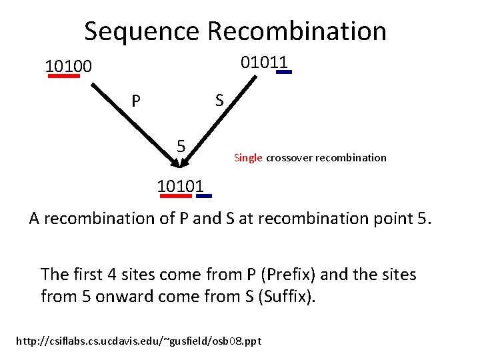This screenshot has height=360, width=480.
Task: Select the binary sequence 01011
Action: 265,63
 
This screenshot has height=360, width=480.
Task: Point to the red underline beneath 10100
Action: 63,76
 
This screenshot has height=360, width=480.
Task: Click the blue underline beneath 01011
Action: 284,73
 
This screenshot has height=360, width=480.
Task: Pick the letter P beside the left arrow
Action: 136,101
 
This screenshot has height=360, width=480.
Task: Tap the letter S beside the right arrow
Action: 219,101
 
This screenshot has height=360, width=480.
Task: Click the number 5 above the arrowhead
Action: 181,145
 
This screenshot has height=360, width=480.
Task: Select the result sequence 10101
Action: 180,185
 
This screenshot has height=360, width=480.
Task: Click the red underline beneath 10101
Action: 175,196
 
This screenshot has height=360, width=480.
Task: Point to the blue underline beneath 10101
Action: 204,196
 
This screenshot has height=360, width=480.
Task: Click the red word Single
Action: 248,158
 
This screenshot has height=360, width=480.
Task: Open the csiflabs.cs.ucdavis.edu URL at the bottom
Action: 138,341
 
